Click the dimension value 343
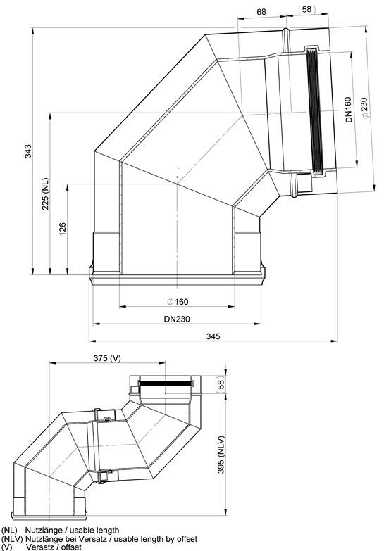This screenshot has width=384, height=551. click(x=27, y=151)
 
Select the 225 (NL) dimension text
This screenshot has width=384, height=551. click(x=46, y=194)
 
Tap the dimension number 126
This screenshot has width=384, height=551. click(x=62, y=229)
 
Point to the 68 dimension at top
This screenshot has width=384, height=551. click(x=261, y=12)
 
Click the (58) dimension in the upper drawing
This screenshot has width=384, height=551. click(x=306, y=9)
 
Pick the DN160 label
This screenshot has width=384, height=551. click(x=349, y=110)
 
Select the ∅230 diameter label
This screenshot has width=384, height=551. click(x=365, y=108)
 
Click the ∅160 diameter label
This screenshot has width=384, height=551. click(x=178, y=301)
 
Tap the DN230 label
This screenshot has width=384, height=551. click(x=177, y=319)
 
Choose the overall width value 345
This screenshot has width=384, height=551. click(x=213, y=336)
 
